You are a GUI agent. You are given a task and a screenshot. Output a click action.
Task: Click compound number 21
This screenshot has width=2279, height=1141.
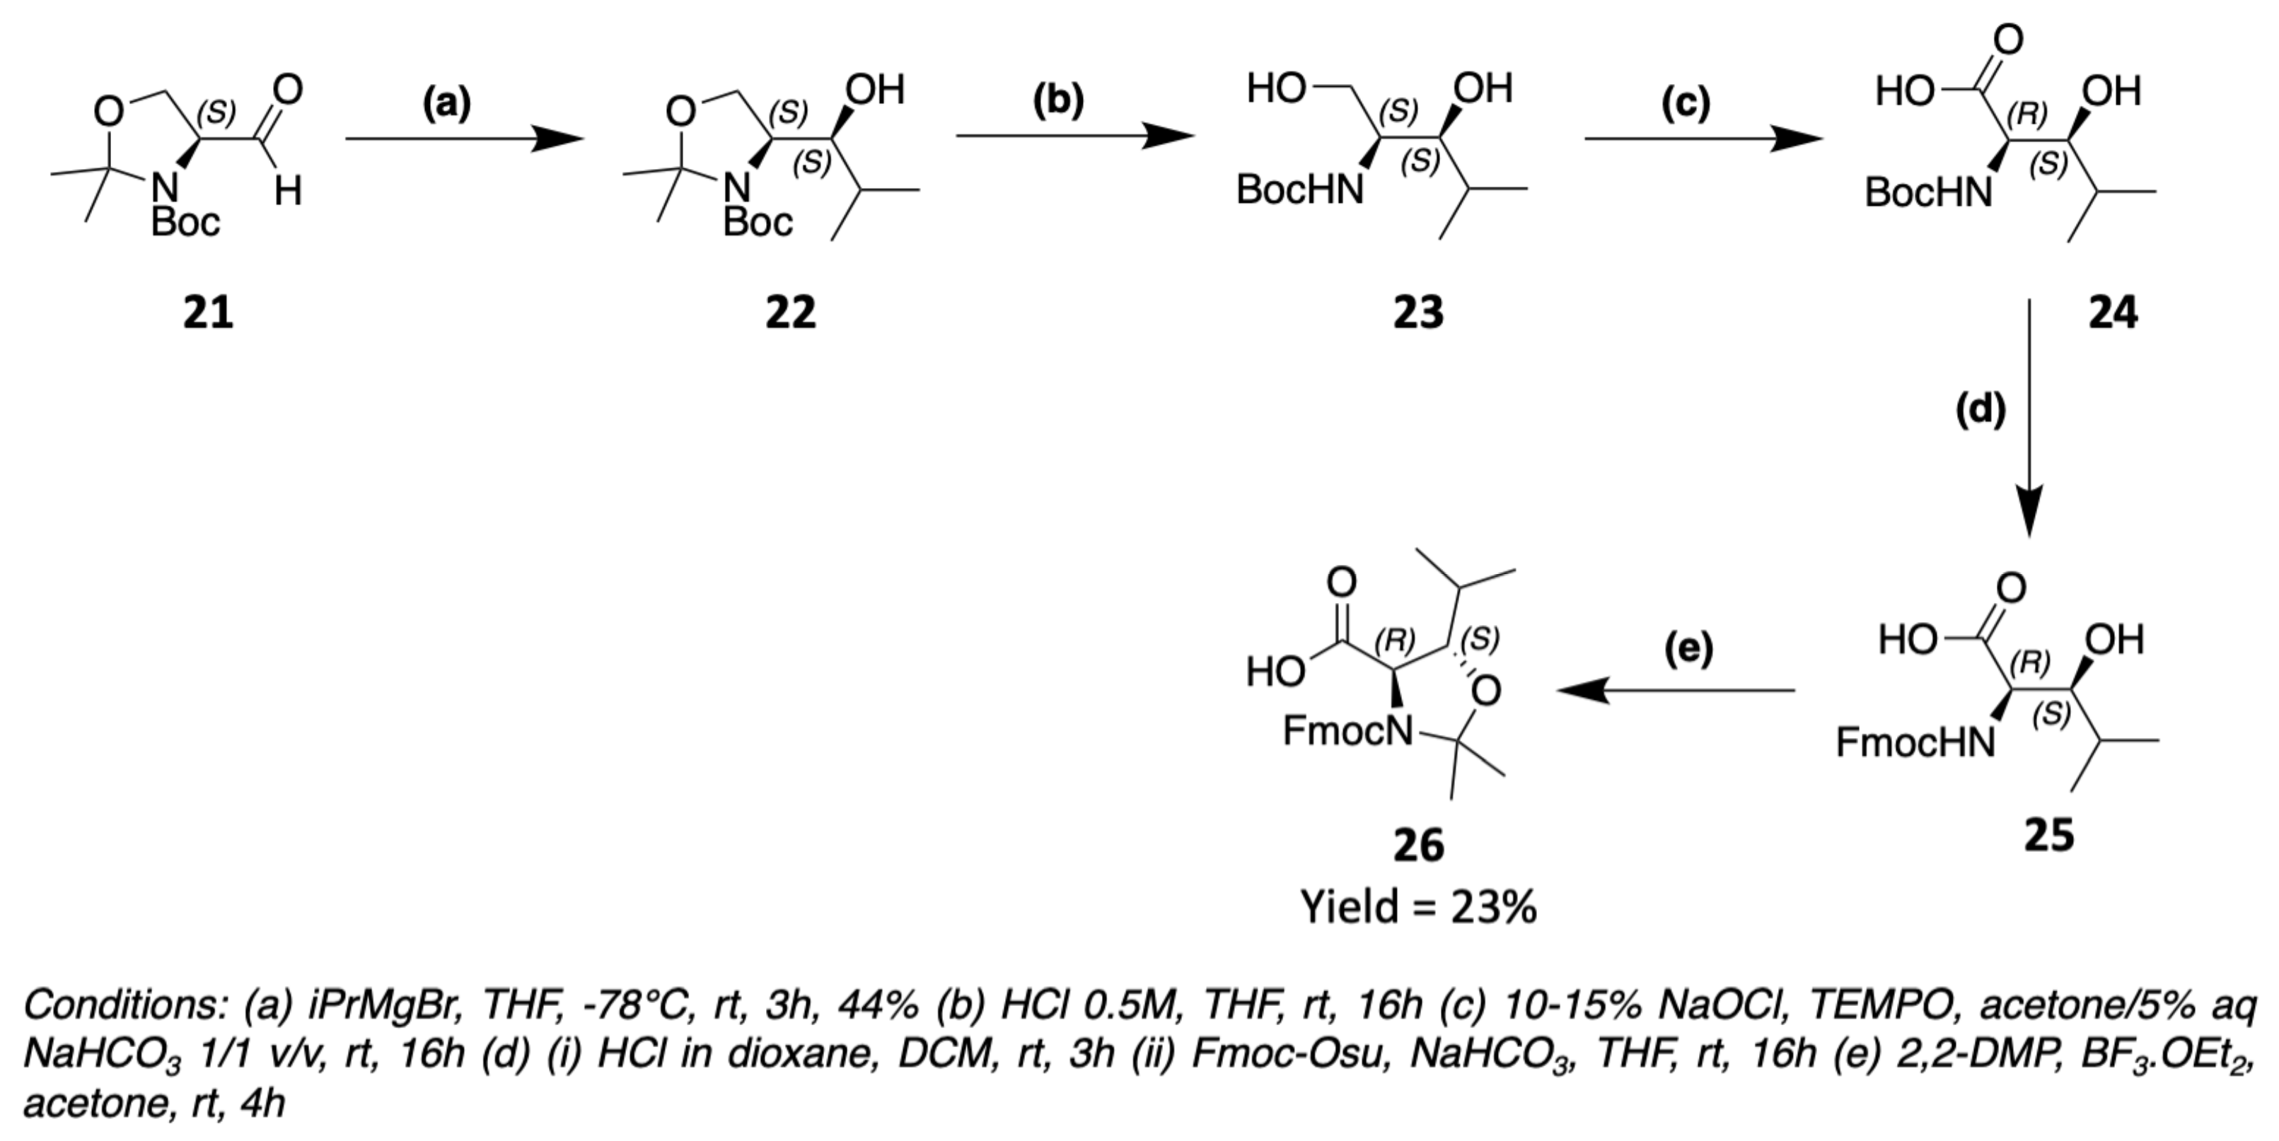[208, 313]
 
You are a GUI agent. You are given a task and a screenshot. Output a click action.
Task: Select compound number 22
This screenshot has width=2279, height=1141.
[790, 313]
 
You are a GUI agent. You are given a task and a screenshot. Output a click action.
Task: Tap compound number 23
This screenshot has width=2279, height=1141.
[1417, 313]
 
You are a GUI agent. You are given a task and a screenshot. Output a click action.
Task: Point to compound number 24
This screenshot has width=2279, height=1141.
[2113, 313]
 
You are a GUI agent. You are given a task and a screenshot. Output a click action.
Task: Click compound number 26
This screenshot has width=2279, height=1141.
[1418, 845]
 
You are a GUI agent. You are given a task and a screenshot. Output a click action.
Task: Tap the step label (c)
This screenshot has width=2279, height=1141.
[1686, 103]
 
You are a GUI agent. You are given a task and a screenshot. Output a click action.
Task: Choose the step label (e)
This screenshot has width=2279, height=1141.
[1688, 648]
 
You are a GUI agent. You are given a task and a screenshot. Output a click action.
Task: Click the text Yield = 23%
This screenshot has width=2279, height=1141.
[1418, 908]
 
